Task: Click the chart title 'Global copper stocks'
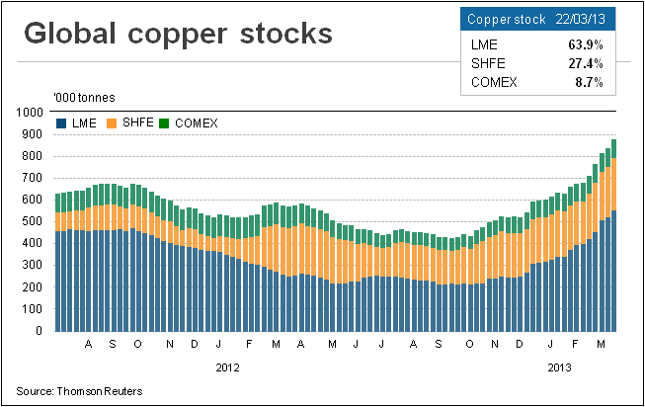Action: coord(177,34)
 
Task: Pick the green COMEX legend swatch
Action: coord(166,122)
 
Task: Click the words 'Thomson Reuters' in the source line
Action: coord(99,391)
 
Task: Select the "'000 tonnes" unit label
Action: coord(85,97)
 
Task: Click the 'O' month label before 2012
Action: coord(137,345)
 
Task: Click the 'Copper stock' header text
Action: coord(500,20)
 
